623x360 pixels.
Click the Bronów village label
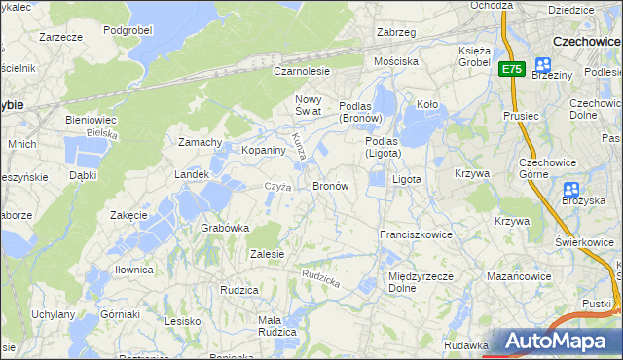(330, 185)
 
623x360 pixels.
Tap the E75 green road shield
(513, 69)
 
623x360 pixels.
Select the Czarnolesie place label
(302, 71)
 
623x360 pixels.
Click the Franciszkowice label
(417, 234)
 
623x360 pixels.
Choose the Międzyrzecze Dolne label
(417, 282)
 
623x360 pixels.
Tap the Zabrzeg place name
(396, 32)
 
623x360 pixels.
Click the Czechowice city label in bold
(586, 42)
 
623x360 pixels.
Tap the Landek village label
(192, 174)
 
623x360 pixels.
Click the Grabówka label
(225, 228)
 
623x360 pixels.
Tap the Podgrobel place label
(129, 30)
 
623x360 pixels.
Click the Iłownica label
(133, 270)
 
